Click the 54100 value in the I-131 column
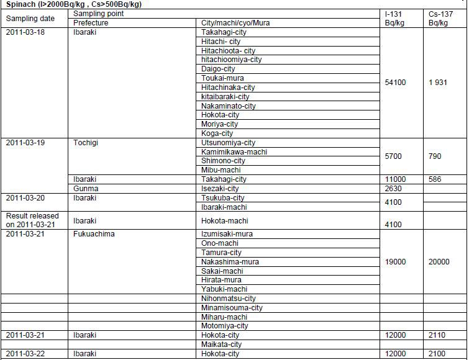pyautogui.click(x=395, y=83)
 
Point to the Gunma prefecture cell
pyautogui.click(x=85, y=189)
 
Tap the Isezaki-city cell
pyautogui.click(x=220, y=189)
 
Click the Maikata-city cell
pyautogui.click(x=221, y=344)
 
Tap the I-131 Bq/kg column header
pyautogui.click(x=395, y=18)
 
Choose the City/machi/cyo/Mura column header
pyautogui.click(x=235, y=23)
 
